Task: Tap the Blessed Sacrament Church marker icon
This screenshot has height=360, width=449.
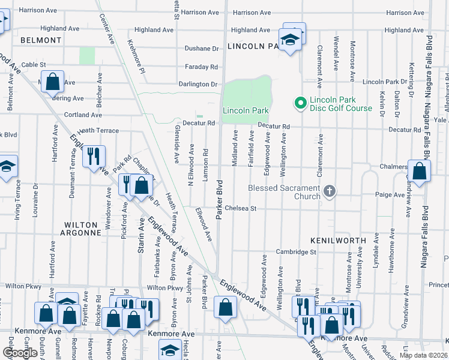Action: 328,192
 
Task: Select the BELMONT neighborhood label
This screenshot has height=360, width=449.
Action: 41,40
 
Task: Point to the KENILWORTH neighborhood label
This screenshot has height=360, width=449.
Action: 338,240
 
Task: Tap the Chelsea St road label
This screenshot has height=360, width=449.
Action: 241,209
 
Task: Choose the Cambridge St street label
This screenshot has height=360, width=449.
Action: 296,252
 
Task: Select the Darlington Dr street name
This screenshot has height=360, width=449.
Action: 197,85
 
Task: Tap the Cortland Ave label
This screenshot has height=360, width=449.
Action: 83,115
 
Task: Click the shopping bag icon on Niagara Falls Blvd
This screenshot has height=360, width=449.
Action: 420,171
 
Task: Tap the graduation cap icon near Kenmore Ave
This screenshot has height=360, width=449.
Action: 170,350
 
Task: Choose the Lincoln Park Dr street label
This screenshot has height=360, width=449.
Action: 385,82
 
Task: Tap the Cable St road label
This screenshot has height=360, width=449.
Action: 34,64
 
